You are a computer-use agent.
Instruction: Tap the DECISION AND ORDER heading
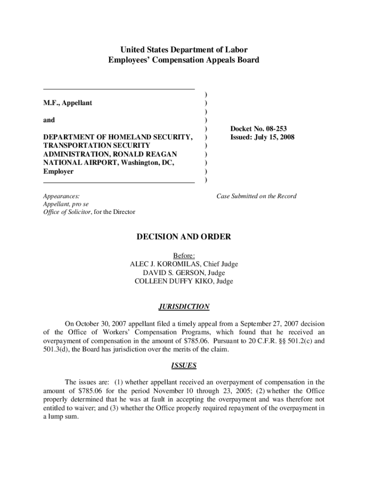184,237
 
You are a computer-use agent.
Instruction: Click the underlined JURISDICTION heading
184,307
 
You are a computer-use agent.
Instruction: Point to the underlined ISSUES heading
184,366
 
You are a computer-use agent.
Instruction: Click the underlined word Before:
184,255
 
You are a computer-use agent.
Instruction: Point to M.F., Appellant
68,103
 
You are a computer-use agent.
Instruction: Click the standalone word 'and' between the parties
49,120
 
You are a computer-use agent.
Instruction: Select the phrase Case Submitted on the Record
256,196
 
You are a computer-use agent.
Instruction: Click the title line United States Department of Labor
184,50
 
